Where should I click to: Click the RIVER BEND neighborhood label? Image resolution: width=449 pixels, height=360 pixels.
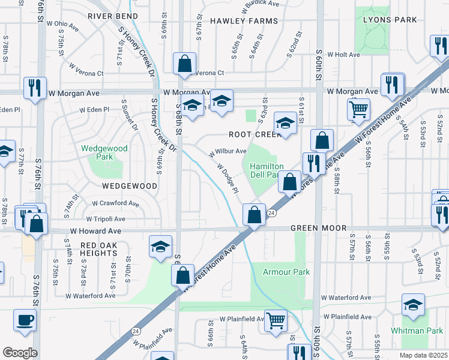click(x=115, y=16)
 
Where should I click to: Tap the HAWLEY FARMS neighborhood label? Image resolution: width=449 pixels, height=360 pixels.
click(x=244, y=21)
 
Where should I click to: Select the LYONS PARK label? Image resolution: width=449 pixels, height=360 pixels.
click(x=390, y=20)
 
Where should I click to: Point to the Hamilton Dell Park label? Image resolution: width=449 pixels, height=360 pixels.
click(x=266, y=171)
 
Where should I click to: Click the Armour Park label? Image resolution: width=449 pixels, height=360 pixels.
click(x=286, y=272)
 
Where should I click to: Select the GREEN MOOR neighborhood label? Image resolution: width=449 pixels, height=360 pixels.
click(x=319, y=229)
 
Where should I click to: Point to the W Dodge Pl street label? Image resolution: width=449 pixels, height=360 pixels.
click(x=228, y=178)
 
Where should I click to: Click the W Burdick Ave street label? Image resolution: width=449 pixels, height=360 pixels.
click(x=261, y=7)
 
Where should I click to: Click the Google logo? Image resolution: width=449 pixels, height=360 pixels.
click(x=20, y=352)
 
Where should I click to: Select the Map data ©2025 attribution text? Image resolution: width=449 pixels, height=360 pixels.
click(x=423, y=355)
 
